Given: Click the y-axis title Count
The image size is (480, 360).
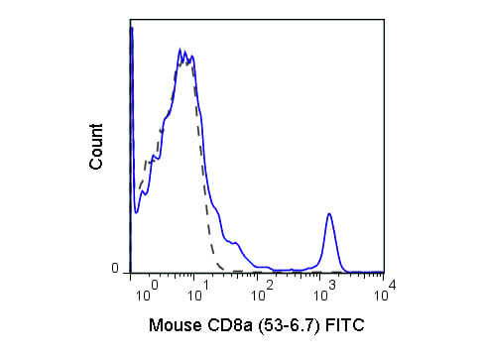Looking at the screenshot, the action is (x=96, y=147).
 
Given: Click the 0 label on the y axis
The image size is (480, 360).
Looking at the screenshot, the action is (x=115, y=268).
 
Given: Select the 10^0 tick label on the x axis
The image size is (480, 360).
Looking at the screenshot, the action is (x=148, y=292).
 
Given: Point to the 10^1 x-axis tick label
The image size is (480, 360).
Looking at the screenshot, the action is (x=198, y=292).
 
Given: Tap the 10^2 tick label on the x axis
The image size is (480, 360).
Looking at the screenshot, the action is (x=263, y=292).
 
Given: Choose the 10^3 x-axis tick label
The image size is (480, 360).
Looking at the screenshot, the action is (x=324, y=292).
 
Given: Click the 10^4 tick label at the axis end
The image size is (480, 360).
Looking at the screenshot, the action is (x=385, y=291).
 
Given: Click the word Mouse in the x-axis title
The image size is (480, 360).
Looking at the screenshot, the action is (x=176, y=325).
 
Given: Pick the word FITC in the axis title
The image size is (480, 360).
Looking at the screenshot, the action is (x=345, y=325).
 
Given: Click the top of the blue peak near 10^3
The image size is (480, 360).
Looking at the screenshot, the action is (x=329, y=213).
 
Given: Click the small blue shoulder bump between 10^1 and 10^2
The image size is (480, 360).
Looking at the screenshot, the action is (x=235, y=243).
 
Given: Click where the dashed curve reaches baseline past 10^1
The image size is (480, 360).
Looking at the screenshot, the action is (x=223, y=270).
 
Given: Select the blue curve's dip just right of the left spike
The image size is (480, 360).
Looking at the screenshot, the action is (x=136, y=212).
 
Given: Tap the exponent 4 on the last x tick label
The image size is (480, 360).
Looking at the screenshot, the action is (x=393, y=285).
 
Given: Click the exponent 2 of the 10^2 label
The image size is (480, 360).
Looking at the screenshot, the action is (x=270, y=285).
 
